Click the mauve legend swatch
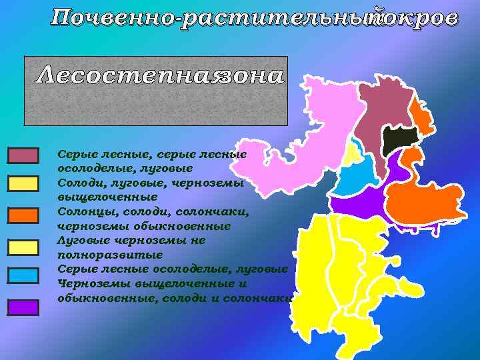[23, 155]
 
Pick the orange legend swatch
[23, 215]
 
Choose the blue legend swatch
[23, 274]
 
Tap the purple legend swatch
[23, 307]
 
